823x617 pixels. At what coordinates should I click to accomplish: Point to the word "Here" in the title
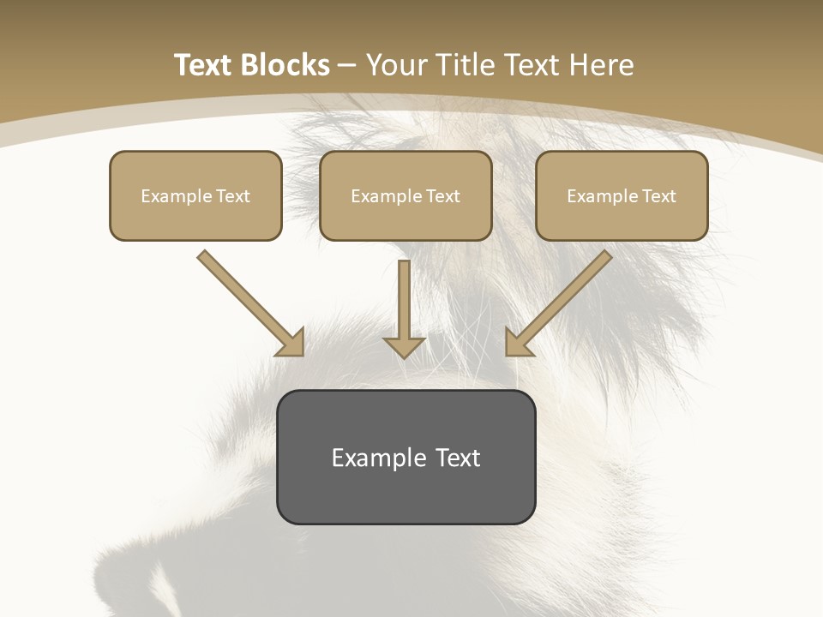pos(604,65)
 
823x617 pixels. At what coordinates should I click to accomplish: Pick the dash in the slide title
pos(348,66)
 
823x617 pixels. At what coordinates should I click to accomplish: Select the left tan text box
pos(195,195)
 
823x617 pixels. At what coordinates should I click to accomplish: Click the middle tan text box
pos(405,195)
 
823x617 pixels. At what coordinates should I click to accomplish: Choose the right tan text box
pos(622,195)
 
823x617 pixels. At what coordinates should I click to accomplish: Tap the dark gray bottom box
pos(405,457)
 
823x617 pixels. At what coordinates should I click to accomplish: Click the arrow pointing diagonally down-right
pos(249,302)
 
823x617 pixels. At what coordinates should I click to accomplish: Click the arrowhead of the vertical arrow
pos(404,345)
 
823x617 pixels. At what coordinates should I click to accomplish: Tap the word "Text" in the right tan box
pos(659,196)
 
